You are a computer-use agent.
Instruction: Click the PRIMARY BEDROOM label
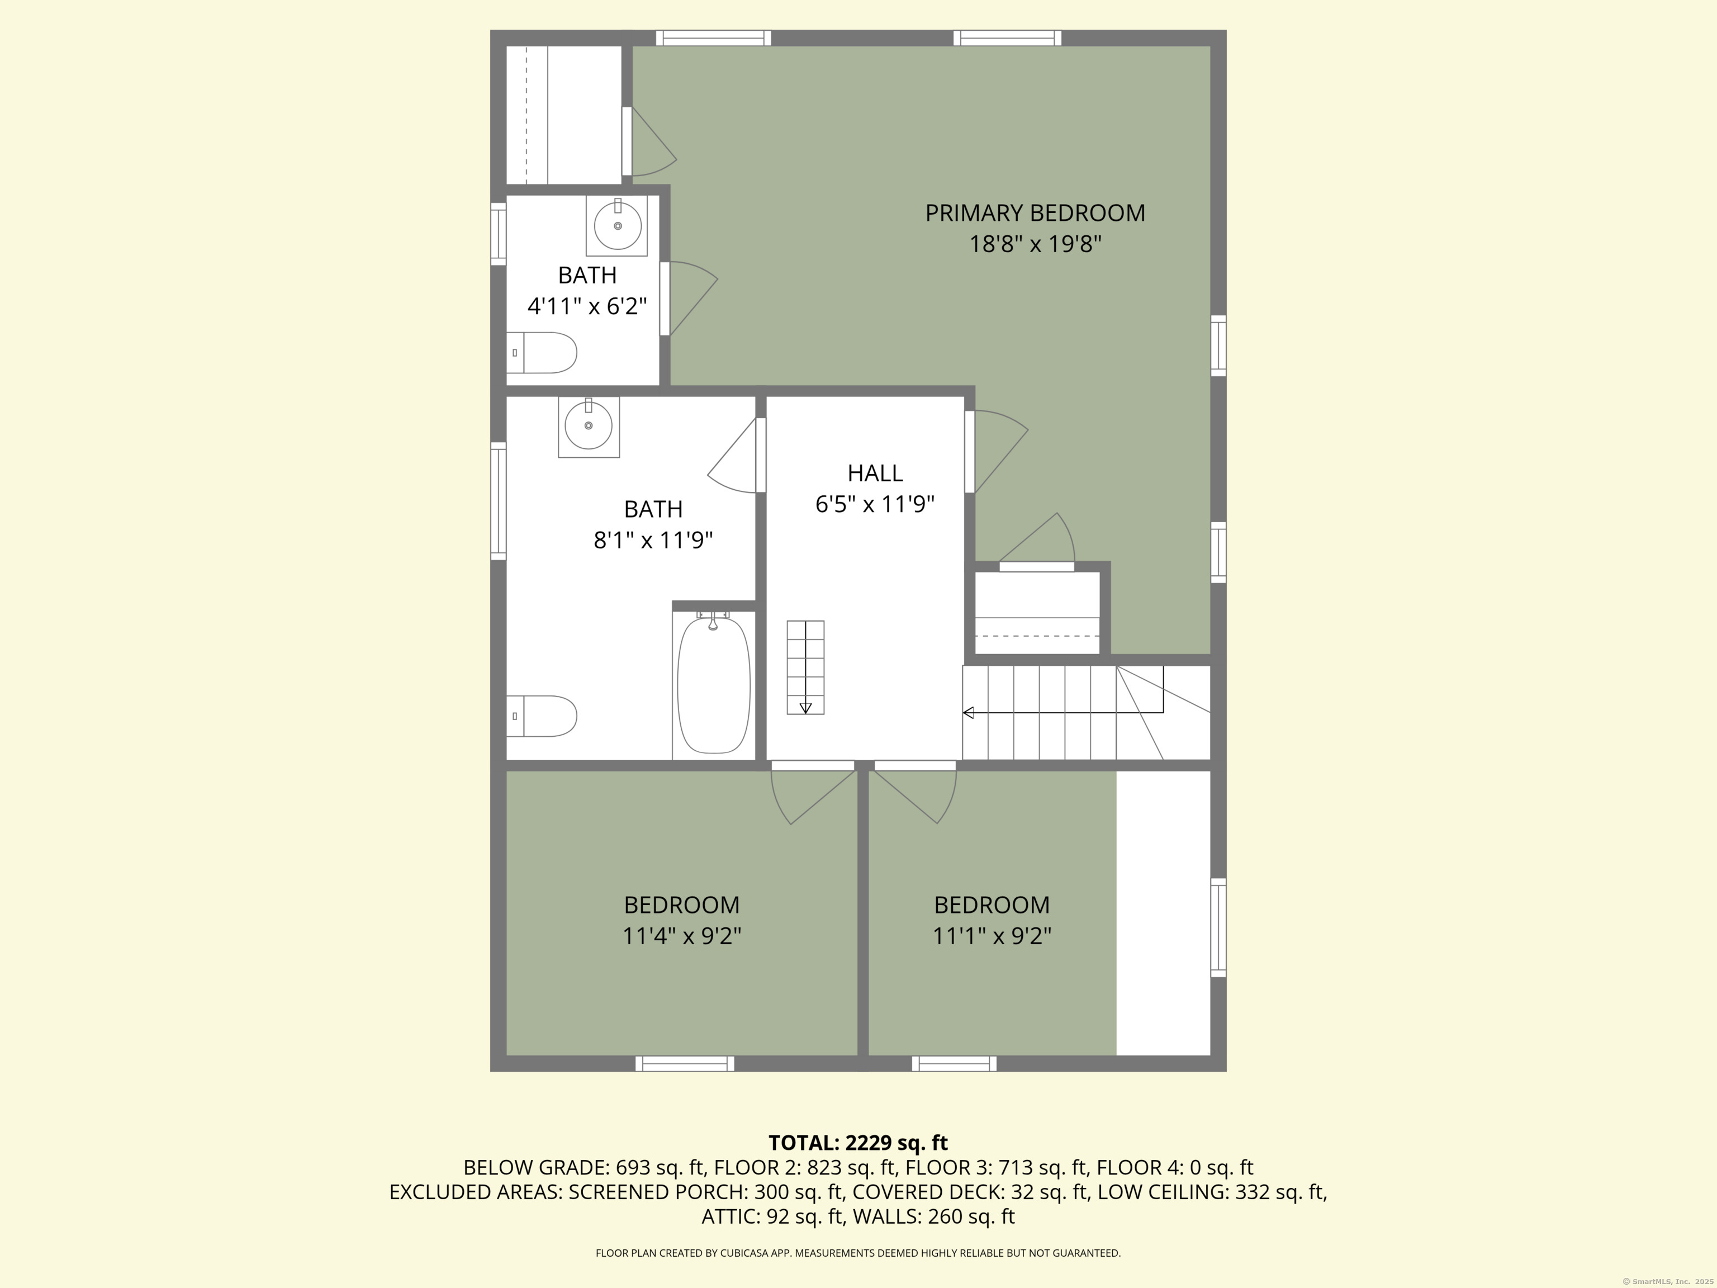(x=1035, y=213)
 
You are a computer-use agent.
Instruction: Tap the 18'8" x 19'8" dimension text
(x=1035, y=244)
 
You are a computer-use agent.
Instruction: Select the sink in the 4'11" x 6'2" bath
(x=617, y=226)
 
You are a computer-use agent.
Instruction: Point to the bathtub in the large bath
(x=713, y=683)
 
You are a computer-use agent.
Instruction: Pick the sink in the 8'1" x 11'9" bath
(x=589, y=425)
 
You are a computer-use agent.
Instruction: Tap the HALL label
(x=875, y=473)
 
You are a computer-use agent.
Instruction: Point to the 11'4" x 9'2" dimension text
(x=681, y=935)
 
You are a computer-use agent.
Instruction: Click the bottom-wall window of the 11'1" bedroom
(x=954, y=1064)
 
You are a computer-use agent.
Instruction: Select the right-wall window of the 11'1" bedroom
(x=1218, y=928)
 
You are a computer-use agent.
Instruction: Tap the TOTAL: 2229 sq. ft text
(x=858, y=1143)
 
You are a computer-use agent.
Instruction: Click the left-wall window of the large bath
(x=499, y=501)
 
